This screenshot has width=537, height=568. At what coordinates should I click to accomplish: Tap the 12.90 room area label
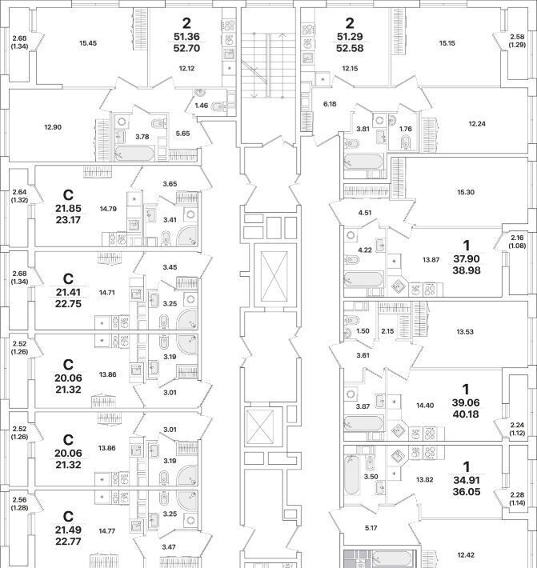[54, 127]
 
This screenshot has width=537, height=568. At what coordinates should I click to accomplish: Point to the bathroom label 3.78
[142, 137]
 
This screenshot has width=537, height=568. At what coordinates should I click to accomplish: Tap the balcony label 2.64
[20, 192]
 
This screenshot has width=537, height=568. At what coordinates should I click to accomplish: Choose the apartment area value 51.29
[349, 37]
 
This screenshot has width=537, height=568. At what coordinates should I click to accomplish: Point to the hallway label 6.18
[329, 104]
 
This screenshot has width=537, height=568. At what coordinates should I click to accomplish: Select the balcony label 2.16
[517, 238]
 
